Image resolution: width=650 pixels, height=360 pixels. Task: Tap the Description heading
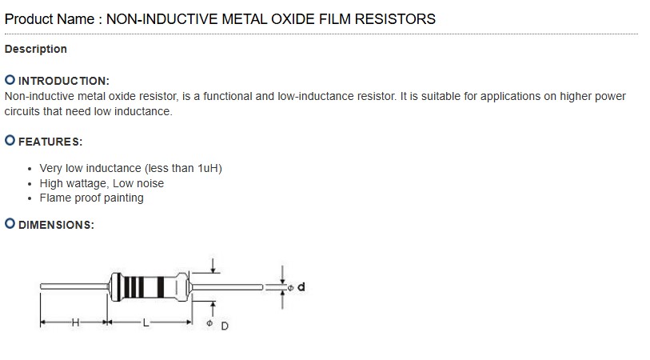[x=36, y=49]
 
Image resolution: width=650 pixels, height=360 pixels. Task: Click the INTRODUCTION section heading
[x=63, y=81]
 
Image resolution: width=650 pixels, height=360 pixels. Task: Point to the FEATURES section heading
[x=50, y=142]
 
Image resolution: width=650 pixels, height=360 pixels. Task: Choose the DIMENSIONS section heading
[x=56, y=225]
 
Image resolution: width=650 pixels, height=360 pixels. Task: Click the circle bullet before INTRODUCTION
[x=10, y=80]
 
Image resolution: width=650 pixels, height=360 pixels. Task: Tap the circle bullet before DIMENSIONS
[x=10, y=224]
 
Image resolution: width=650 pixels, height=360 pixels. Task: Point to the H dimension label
[x=75, y=323]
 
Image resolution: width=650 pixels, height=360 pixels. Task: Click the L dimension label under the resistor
[x=145, y=323]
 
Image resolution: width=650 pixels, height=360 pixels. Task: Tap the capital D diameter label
[x=225, y=326]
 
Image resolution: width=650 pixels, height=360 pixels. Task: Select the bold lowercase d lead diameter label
[x=301, y=286]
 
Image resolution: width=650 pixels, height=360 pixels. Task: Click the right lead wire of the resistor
[x=228, y=286]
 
